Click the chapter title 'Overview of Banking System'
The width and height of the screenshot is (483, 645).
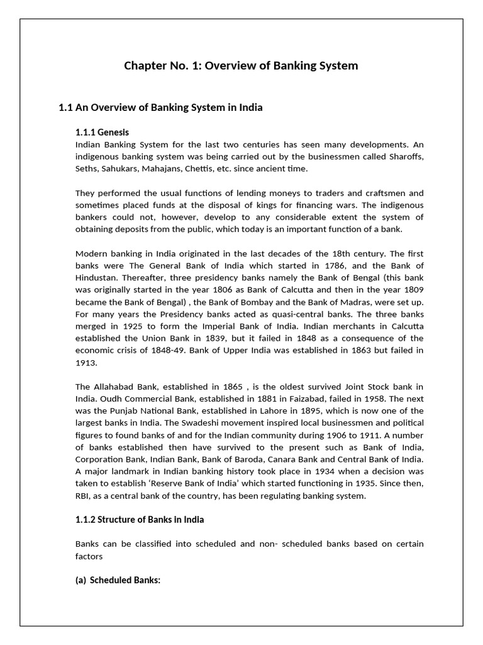[241, 66]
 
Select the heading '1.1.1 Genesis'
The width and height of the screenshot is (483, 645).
[102, 132]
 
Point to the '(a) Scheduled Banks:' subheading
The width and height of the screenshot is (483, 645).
[118, 580]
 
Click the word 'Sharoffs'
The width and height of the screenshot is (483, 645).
[404, 156]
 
